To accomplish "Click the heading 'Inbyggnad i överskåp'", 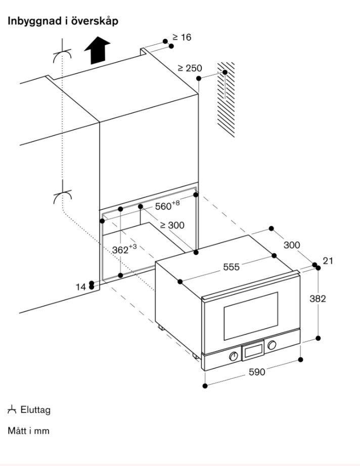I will click(x=63, y=21).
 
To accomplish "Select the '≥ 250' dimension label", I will click(x=190, y=68).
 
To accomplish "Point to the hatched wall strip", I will click(x=226, y=99).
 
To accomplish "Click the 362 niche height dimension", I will click(x=124, y=249).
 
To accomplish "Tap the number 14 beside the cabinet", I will click(x=81, y=287).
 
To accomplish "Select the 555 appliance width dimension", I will click(x=231, y=267).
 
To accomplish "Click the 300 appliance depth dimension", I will click(x=292, y=245).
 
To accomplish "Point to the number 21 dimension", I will click(x=328, y=261).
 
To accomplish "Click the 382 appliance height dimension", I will click(x=318, y=298).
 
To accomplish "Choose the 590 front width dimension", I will click(x=256, y=372).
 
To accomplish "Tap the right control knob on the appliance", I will click(x=273, y=345).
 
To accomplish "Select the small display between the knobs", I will click(x=253, y=351).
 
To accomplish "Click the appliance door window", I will click(x=251, y=316).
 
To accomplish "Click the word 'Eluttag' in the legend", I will click(x=35, y=410).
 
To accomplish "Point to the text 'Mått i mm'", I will click(x=28, y=431).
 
